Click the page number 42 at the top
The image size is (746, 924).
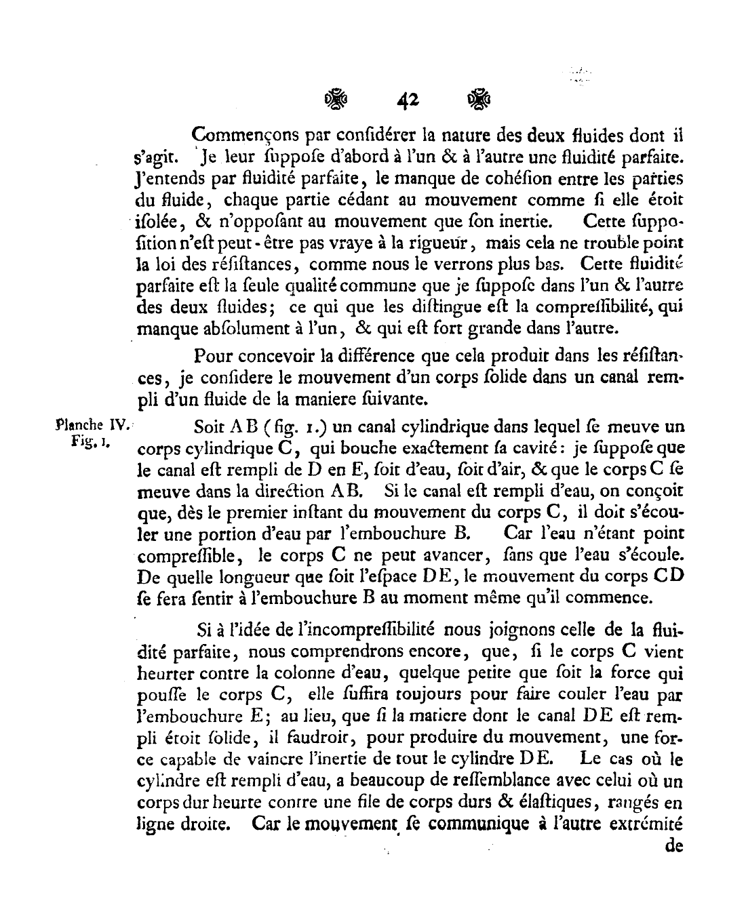click(409, 101)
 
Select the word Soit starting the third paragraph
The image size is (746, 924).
click(209, 428)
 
